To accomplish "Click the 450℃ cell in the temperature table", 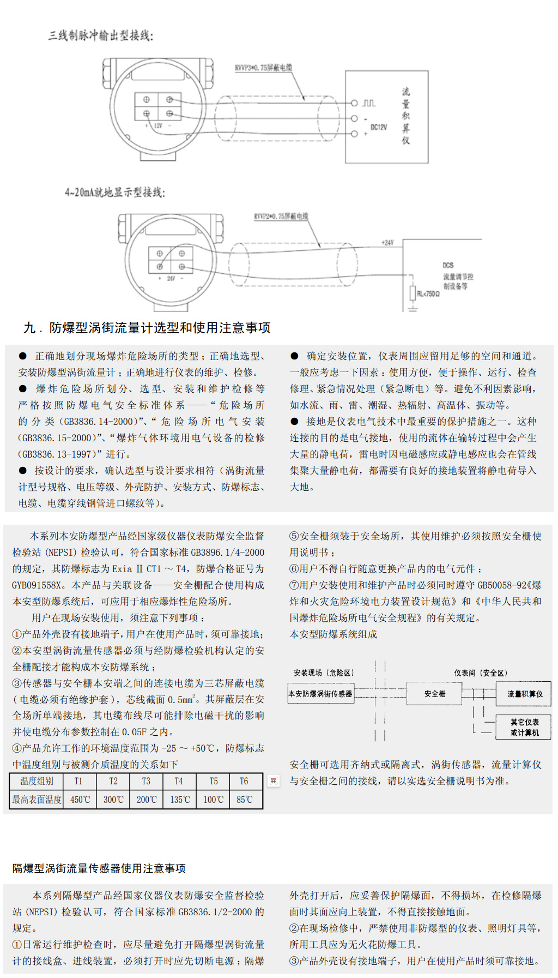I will [80, 800].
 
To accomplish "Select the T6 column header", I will [244, 781].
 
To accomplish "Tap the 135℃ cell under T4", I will [180, 800].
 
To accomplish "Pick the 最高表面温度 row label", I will [37, 800].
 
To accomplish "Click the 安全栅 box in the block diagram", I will [434, 694].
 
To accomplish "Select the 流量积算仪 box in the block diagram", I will [525, 694].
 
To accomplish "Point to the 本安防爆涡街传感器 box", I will [320, 694].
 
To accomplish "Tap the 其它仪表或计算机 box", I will [524, 727].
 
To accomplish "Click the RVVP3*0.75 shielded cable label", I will [263, 68].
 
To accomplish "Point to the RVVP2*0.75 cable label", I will [281, 217].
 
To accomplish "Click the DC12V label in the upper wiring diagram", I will [379, 127].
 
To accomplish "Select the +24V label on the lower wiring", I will [387, 242].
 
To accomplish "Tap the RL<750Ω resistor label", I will [428, 293].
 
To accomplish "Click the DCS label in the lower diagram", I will [448, 265].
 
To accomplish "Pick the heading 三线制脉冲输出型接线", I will [101, 36].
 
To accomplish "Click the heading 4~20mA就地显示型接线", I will [114, 193].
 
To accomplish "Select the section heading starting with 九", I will [147, 328].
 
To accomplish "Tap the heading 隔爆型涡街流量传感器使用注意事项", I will [99, 868].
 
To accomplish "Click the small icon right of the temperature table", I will [274, 781].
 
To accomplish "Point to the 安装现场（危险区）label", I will [324, 673].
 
